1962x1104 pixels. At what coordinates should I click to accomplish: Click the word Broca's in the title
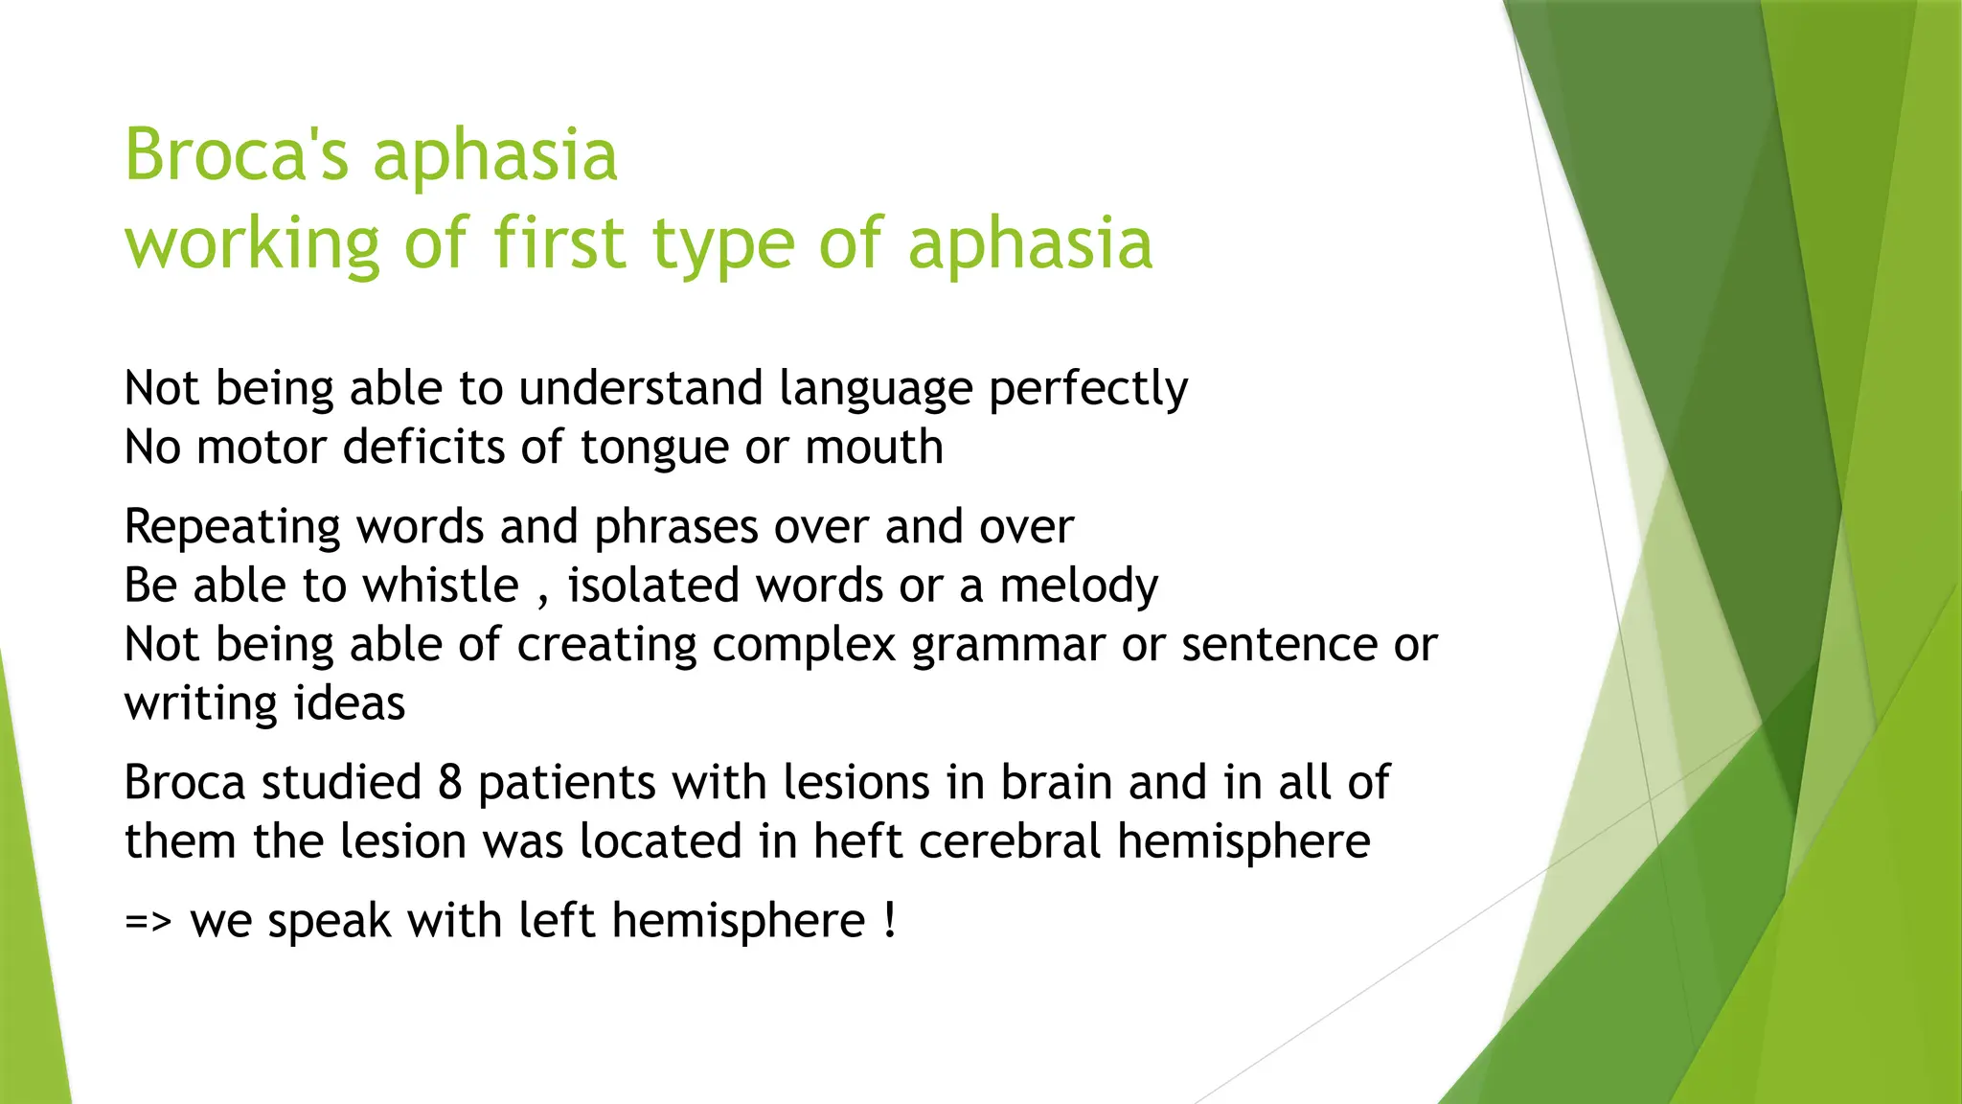click(x=237, y=155)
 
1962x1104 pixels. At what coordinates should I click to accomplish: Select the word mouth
click(x=874, y=448)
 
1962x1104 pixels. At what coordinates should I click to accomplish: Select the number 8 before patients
click(x=450, y=783)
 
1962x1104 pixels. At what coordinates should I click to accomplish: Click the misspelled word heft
click(x=848, y=841)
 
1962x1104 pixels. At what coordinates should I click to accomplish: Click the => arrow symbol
click(x=148, y=922)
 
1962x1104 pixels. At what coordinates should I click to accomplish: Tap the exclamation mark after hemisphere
click(x=890, y=921)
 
